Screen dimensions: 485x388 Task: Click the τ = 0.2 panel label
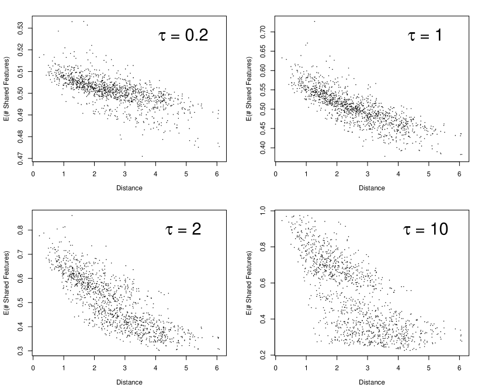pyautogui.click(x=183, y=35)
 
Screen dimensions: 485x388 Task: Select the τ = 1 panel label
pyautogui.click(x=425, y=35)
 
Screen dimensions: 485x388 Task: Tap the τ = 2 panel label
pyautogui.click(x=183, y=229)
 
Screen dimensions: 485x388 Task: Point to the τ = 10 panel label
pyautogui.click(x=425, y=229)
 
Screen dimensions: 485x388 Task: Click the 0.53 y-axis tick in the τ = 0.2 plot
pyautogui.click(x=20, y=28)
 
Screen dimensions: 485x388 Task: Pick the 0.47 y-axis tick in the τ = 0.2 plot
pyautogui.click(x=20, y=158)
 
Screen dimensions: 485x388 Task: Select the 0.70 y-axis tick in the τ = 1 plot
pyautogui.click(x=262, y=32)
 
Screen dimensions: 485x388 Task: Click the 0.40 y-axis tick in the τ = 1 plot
pyautogui.click(x=262, y=148)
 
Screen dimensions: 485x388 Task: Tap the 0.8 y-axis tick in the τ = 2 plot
pyautogui.click(x=20, y=230)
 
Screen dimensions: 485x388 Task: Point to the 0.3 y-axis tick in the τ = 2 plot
pyautogui.click(x=20, y=351)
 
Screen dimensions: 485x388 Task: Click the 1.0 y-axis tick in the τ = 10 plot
pyautogui.click(x=262, y=211)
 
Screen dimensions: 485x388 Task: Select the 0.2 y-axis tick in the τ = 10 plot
pyautogui.click(x=262, y=355)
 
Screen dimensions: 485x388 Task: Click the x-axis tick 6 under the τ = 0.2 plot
pyautogui.click(x=217, y=174)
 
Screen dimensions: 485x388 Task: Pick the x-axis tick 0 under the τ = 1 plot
pyautogui.click(x=276, y=174)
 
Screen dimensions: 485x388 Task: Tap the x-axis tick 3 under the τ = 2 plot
pyautogui.click(x=124, y=368)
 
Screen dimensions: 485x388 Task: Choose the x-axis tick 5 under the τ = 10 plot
pyautogui.click(x=429, y=368)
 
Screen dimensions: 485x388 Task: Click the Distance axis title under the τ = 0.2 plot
pyautogui.click(x=129, y=188)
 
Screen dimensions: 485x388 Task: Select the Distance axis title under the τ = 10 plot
pyautogui.click(x=372, y=382)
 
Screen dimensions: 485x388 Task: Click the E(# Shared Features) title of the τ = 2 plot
pyautogui.click(x=6, y=283)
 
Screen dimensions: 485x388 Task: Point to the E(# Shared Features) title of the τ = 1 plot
pyautogui.click(x=249, y=89)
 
